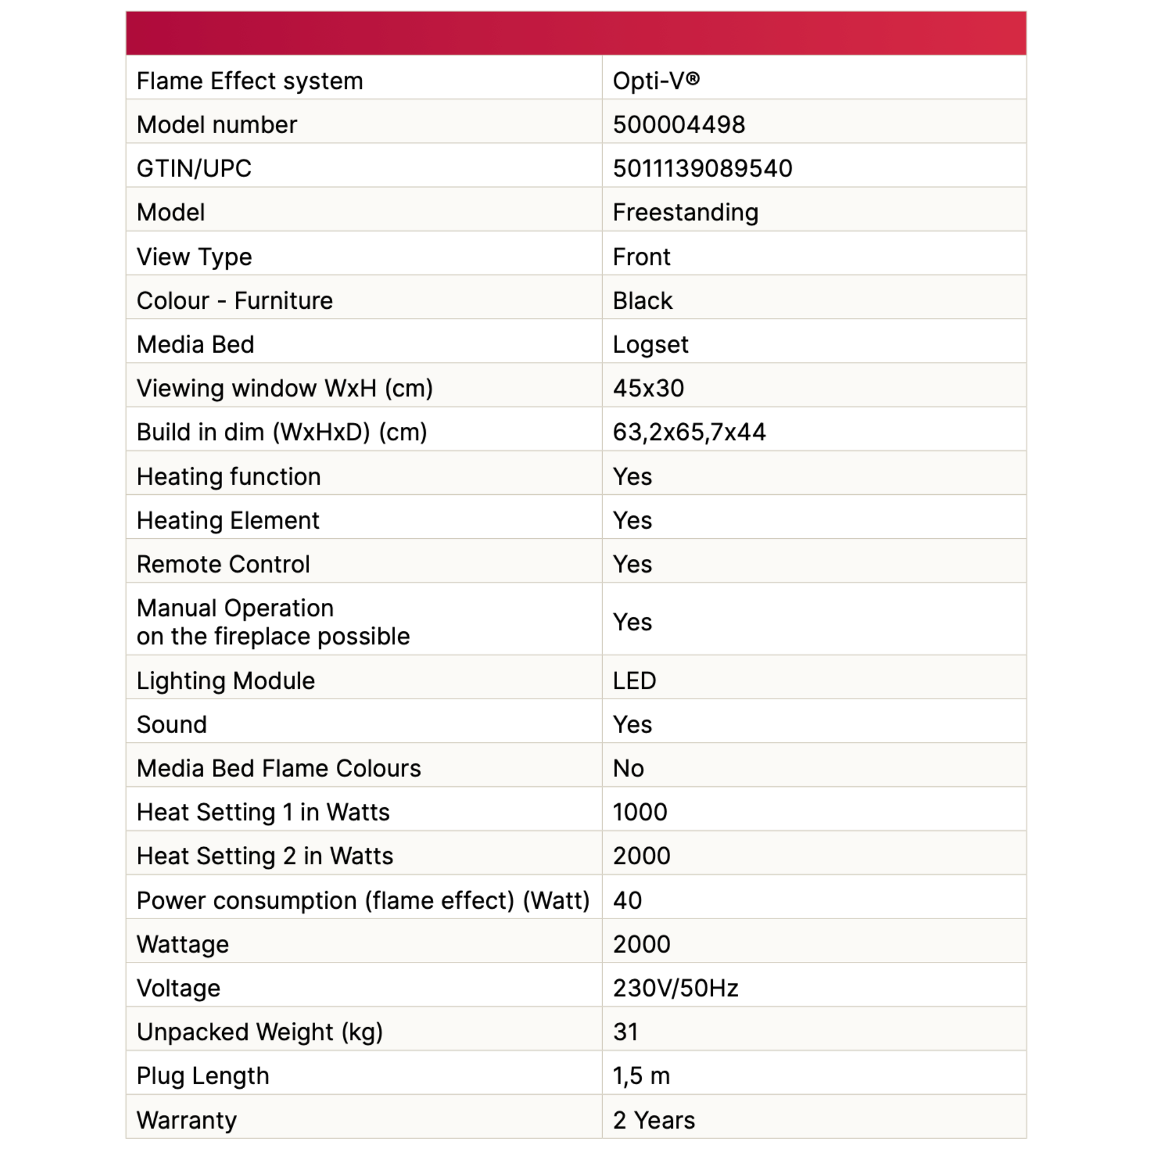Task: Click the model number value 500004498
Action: pos(679,124)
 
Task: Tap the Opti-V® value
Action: pos(656,80)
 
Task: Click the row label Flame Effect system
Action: pos(249,80)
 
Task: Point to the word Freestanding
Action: pos(685,212)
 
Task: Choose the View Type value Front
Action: pos(641,257)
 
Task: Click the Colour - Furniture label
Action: pos(234,300)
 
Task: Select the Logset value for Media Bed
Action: pos(650,345)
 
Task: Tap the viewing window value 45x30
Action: pos(648,388)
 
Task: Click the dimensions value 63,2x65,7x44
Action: pos(688,432)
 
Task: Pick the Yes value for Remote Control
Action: pos(632,564)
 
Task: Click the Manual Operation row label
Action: pos(273,622)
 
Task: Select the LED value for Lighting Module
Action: pos(634,680)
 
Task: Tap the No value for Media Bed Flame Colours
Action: pos(629,768)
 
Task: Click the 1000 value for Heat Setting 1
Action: pos(639,812)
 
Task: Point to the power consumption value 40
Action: pos(627,900)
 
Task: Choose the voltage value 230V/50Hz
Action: pos(675,988)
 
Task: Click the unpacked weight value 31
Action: pos(625,1032)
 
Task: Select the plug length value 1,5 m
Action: pos(641,1076)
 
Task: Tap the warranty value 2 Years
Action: pos(654,1120)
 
